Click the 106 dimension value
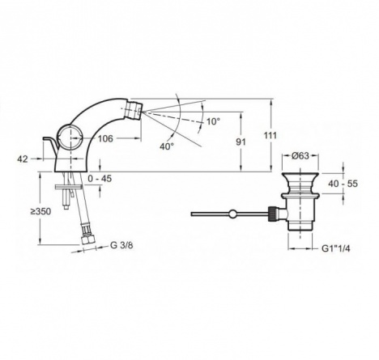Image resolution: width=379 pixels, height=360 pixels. point(105,138)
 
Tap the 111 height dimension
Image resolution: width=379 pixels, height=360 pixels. point(270,135)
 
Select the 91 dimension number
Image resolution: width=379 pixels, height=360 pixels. point(241,142)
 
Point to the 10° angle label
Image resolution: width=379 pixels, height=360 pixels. point(213,121)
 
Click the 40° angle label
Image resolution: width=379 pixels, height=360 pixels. point(167,146)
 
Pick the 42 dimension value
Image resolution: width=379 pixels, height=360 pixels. point(23,159)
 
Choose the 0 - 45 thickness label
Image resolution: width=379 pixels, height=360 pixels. point(100,178)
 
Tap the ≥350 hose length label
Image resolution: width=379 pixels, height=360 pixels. point(40,211)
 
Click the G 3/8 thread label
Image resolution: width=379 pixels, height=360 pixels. point(121,245)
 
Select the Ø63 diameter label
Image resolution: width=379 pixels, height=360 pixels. point(300,155)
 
